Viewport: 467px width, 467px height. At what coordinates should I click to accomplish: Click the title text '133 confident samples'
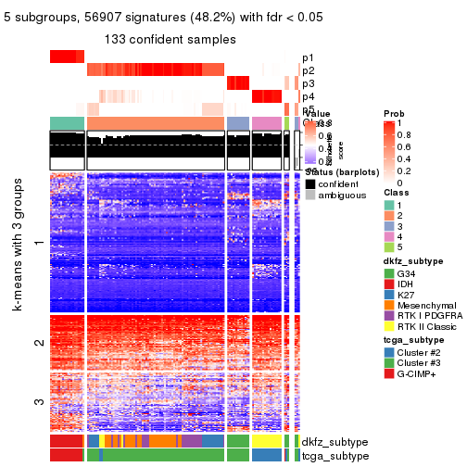170,39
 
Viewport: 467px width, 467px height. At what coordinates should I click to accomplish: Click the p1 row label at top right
308,57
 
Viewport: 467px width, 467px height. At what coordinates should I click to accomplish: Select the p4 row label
308,96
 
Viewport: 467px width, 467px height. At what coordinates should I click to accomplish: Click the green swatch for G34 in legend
390,274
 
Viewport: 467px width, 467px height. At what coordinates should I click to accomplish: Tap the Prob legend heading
394,113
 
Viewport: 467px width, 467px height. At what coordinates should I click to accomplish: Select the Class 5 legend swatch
390,246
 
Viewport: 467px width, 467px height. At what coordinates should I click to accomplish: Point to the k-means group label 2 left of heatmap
39,344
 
